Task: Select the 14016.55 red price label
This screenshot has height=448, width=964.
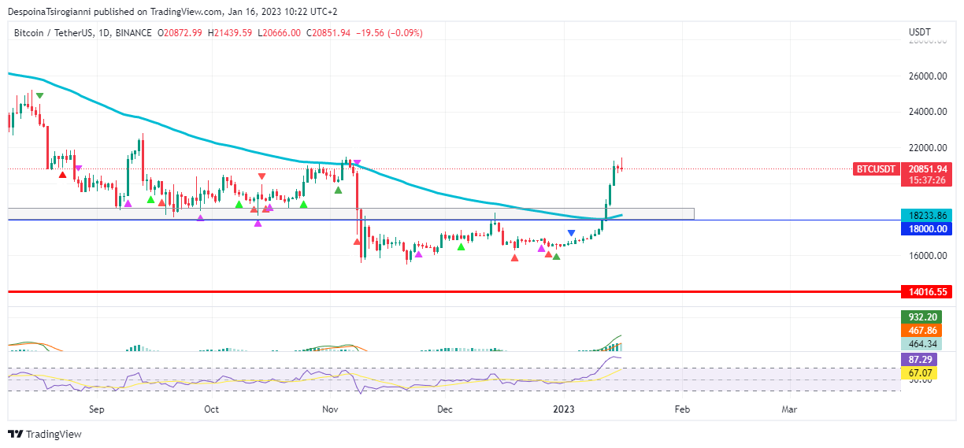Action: (x=926, y=292)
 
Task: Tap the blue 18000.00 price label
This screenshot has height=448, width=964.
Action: (x=926, y=228)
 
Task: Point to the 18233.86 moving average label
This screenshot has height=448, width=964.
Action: (x=926, y=215)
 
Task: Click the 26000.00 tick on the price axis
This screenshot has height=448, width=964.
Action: (x=926, y=76)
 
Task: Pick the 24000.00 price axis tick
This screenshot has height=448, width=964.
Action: (x=926, y=112)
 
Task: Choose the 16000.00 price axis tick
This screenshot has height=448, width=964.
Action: (x=926, y=255)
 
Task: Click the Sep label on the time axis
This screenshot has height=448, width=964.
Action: (x=97, y=409)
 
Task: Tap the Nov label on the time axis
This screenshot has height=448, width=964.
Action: (x=330, y=409)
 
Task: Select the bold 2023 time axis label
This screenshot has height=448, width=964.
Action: (x=564, y=409)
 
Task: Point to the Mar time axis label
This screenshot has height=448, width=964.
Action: (x=789, y=409)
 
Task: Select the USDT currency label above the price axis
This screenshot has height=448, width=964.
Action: (x=919, y=32)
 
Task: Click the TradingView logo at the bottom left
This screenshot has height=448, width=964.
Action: (x=45, y=434)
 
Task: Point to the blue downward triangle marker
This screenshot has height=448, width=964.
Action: (x=571, y=233)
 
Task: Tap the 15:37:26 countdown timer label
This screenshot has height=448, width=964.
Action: (x=926, y=180)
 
